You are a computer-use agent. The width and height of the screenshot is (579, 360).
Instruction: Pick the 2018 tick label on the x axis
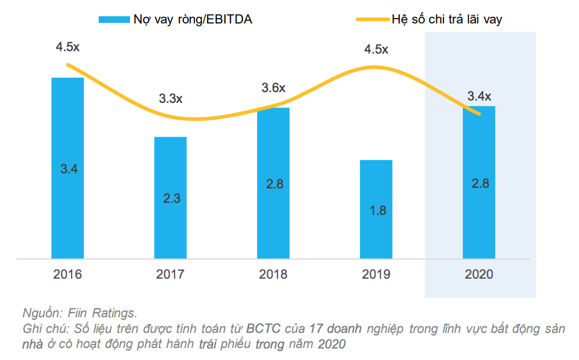(x=273, y=275)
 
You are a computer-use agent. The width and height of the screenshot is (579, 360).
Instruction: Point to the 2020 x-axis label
(x=479, y=275)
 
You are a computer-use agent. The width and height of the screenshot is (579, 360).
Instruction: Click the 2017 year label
(x=170, y=275)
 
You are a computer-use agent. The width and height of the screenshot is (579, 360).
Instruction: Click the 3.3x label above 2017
(x=170, y=99)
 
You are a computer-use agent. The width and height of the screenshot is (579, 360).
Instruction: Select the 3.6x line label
(x=273, y=88)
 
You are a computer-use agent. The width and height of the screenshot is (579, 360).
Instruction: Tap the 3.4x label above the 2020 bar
(x=479, y=96)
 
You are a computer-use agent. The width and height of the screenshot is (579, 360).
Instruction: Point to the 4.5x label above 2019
(x=376, y=49)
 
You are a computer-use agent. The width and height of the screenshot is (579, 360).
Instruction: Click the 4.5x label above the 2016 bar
(x=67, y=46)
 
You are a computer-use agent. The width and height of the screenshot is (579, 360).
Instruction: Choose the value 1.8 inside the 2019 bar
(x=376, y=211)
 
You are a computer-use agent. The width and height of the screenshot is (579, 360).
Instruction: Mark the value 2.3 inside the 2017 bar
(x=171, y=197)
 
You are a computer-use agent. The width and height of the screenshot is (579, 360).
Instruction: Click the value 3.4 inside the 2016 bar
(x=68, y=169)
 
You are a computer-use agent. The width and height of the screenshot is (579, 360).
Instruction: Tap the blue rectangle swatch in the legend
(x=114, y=19)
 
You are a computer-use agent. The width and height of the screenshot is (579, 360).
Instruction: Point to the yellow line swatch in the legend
(x=371, y=19)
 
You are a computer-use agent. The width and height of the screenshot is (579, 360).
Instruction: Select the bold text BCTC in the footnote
(x=261, y=329)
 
